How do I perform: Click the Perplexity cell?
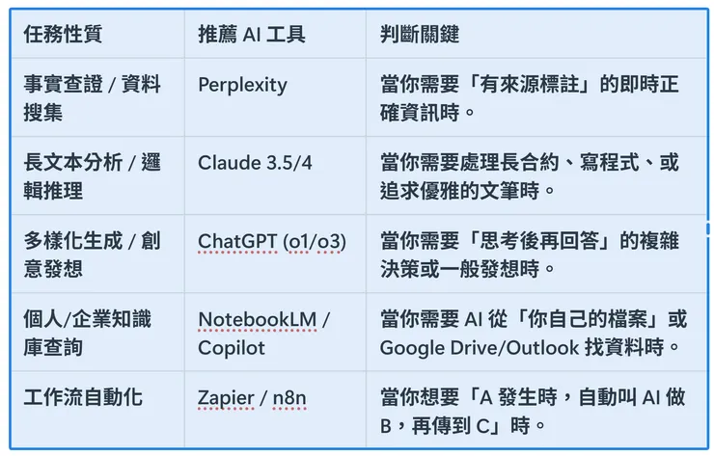[x=242, y=85]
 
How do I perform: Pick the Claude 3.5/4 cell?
[x=255, y=162]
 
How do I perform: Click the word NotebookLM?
[x=258, y=318]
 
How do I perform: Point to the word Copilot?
[x=231, y=347]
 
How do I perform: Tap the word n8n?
[x=291, y=396]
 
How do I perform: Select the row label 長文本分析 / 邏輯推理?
[x=91, y=175]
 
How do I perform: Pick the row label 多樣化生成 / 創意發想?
[x=91, y=253]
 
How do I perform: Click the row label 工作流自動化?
[x=83, y=396]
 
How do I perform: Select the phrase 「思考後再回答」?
[x=535, y=239]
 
